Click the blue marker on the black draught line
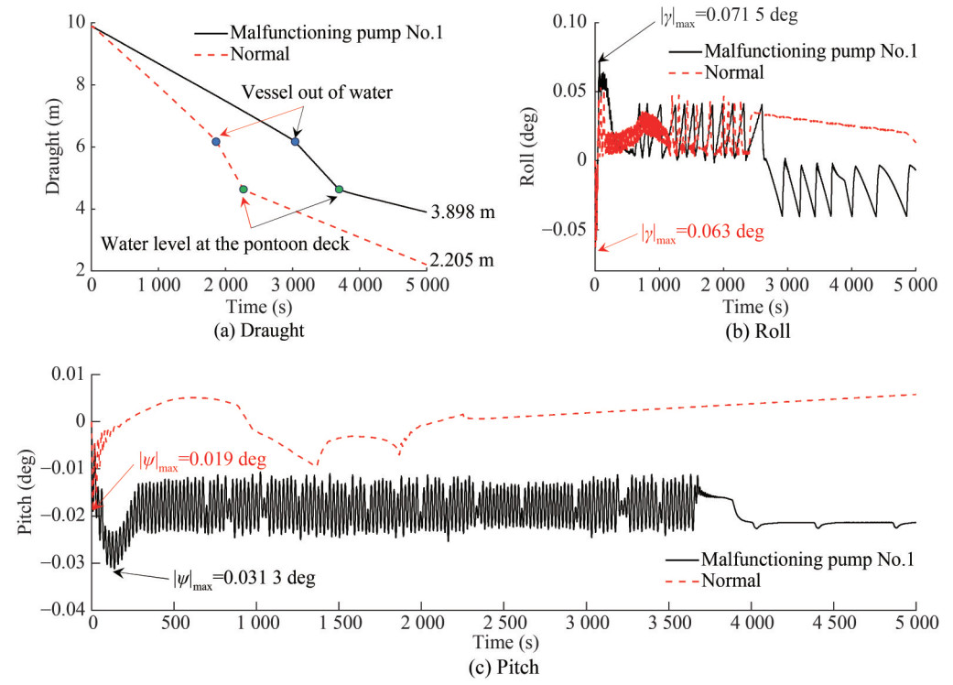tap(295, 141)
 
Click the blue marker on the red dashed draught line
tap(216, 141)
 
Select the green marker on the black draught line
tap(340, 190)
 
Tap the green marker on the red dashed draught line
tap(243, 189)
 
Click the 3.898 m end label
tap(463, 212)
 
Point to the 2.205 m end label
tap(463, 260)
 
